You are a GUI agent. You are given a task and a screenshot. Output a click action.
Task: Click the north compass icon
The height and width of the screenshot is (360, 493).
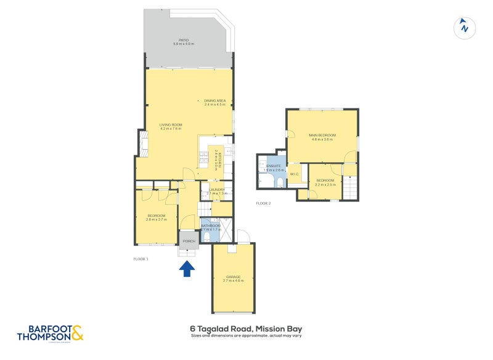[464, 27]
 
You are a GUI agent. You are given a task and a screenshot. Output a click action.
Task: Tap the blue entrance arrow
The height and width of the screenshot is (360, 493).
[187, 269]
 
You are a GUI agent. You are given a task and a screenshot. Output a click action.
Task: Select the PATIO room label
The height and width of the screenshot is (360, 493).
[184, 41]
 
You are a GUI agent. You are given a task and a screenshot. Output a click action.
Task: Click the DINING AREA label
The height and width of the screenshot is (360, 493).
[215, 101]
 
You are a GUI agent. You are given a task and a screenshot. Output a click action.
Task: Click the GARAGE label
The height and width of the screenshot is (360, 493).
[233, 277]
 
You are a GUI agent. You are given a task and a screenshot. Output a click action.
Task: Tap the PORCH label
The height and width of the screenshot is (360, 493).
[189, 241]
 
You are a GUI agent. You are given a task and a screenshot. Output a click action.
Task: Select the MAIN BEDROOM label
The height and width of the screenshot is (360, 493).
[322, 136]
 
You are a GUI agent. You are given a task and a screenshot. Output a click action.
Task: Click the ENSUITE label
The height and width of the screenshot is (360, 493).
[271, 166]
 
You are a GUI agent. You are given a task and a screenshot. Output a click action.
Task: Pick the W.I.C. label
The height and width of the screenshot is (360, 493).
[294, 173]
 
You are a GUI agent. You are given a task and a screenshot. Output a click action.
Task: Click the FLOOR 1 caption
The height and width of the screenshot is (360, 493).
[141, 259]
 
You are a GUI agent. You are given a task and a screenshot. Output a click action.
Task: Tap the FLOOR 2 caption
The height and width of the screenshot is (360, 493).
[263, 203]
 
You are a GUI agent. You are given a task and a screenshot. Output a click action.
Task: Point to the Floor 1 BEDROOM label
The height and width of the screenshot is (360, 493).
[158, 216]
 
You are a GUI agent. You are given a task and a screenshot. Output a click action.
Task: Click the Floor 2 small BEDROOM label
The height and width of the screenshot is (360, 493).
[325, 180]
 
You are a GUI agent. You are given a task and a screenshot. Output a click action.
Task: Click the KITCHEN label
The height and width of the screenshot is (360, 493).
[216, 159]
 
